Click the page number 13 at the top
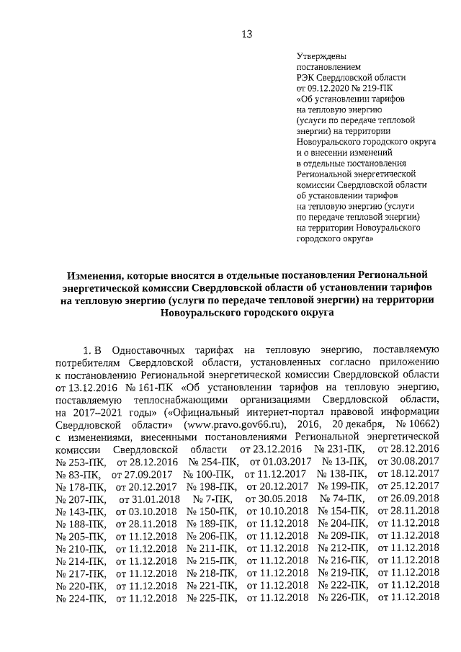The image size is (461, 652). click(x=246, y=35)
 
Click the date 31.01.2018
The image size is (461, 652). click(x=149, y=497)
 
